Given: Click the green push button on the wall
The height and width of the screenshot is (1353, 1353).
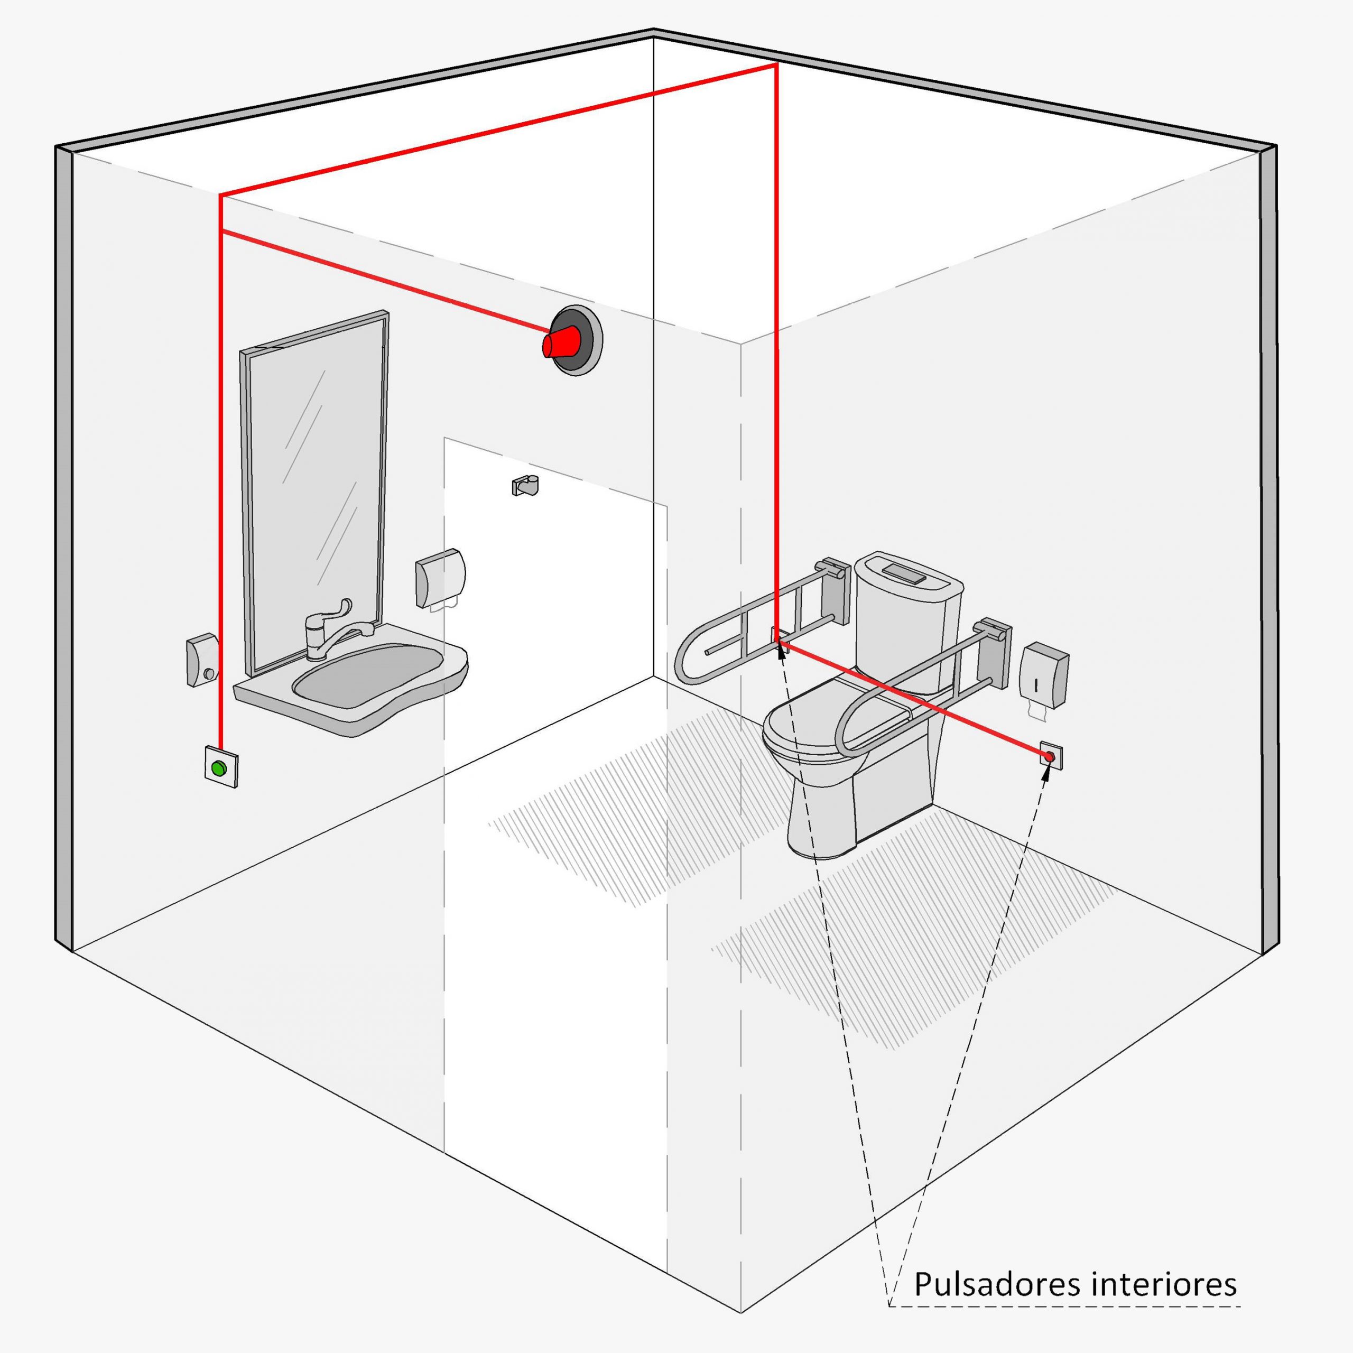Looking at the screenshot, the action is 220,768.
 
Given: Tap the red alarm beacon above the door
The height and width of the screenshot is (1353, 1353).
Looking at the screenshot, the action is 571,341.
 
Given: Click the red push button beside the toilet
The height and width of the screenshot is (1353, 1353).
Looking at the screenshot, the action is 1049,756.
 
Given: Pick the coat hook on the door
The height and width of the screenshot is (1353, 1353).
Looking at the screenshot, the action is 525,485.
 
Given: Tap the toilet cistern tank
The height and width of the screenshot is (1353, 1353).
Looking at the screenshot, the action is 907,616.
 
